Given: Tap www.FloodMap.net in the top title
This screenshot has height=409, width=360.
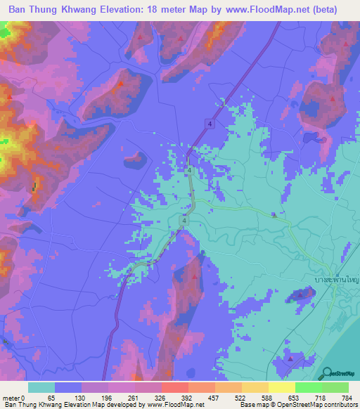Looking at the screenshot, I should [x=262, y=10].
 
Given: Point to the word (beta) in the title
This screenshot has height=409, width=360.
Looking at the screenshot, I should [x=321, y=10].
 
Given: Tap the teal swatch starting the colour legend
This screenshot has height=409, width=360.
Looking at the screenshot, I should [x=41, y=387].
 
